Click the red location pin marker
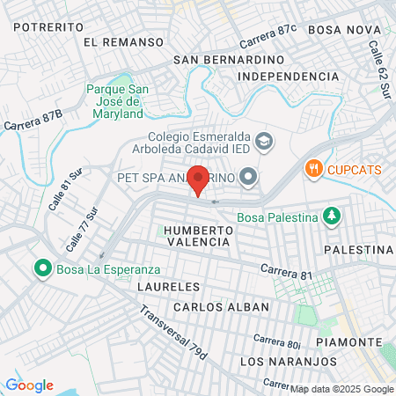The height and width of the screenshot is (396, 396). (199, 180)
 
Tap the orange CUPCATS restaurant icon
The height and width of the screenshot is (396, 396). (312, 167)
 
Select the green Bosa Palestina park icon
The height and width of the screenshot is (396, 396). (331, 216)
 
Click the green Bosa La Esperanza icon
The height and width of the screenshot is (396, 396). (40, 267)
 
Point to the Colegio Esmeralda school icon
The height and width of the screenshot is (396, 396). (263, 141)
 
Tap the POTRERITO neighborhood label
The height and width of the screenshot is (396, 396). (49, 27)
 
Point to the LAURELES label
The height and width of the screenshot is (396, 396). (169, 287)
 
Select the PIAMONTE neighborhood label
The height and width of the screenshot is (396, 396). (351, 341)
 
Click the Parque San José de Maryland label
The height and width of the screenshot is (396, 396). (114, 101)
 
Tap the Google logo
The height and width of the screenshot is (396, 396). (29, 385)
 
